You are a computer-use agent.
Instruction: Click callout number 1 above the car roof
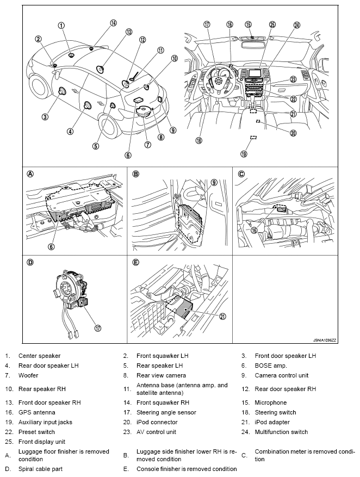tap(61, 26)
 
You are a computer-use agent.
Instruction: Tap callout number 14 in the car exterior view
tap(113, 23)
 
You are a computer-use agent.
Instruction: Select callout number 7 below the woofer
tap(147, 144)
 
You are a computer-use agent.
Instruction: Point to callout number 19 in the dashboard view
tap(244, 154)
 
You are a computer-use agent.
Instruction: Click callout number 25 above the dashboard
tap(272, 24)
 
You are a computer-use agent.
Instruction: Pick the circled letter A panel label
tap(30, 174)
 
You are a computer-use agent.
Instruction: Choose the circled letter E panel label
tap(135, 262)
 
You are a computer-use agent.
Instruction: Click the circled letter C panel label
tap(241, 174)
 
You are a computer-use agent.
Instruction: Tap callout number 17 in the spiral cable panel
tap(97, 328)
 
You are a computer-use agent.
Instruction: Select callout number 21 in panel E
tap(223, 317)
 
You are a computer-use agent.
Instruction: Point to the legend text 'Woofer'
tap(28, 375)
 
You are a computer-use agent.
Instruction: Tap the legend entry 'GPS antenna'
tap(37, 412)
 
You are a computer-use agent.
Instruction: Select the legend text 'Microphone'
tap(271, 402)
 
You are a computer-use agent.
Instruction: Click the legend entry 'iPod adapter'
tap(272, 422)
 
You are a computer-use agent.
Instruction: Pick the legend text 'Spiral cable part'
tap(40, 469)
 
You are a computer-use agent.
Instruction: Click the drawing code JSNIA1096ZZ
tap(325, 340)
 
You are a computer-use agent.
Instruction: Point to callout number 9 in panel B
tap(214, 182)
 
